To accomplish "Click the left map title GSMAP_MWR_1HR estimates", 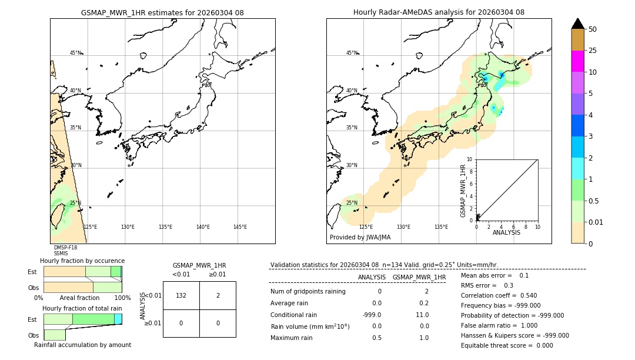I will [162, 12].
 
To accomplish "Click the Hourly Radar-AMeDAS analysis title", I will [439, 12].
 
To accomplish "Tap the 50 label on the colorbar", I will [593, 29].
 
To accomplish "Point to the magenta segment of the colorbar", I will [577, 61].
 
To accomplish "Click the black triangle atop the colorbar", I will [577, 24].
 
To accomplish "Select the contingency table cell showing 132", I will [181, 295].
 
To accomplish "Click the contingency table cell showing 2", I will [218, 295].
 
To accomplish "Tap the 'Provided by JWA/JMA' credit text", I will [360, 237].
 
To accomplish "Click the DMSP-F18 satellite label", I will [65, 248].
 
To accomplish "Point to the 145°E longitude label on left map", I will [240, 227].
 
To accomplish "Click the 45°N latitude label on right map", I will [352, 53].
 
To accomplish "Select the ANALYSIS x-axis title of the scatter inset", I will [506, 233].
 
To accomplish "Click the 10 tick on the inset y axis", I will [470, 159].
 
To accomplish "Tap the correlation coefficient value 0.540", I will [524, 295].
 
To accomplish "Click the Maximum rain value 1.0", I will [423, 338].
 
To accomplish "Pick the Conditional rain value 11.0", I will [422, 315].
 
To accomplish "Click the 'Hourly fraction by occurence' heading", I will [82, 261].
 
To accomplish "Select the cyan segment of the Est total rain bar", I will [118, 319].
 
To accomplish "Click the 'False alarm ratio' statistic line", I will [499, 325].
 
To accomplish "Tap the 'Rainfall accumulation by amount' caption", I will [82, 345].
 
